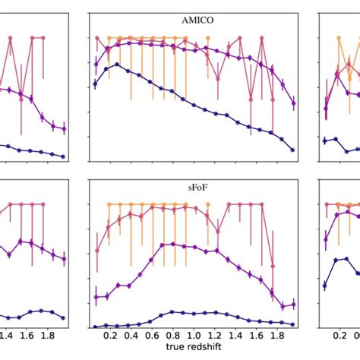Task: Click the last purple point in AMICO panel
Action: [294, 103]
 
